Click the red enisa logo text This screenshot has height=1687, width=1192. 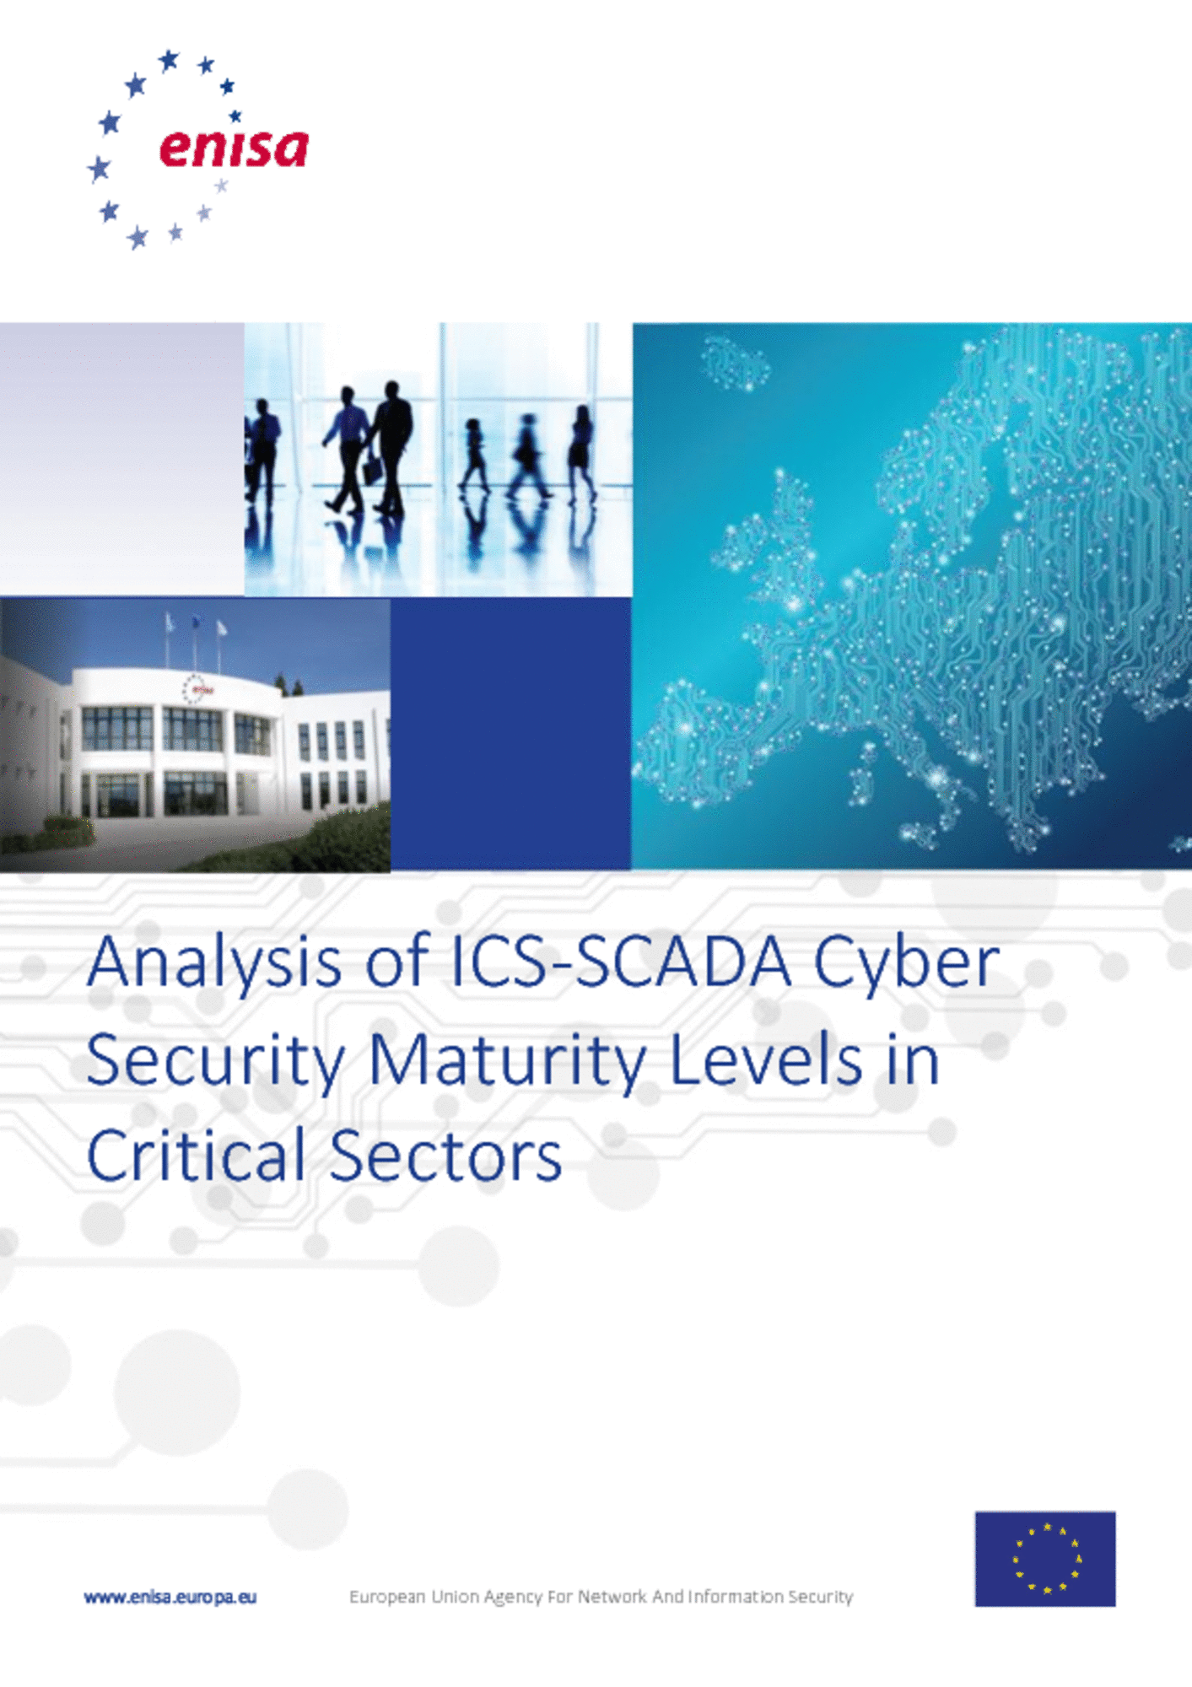pos(234,148)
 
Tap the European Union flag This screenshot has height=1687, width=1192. pos(1045,1558)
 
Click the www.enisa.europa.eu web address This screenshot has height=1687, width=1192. pos(170,1597)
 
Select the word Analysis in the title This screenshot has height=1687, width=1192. pos(214,964)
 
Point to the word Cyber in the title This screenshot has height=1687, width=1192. pos(907,962)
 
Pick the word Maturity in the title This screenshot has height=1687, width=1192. pos(508,1061)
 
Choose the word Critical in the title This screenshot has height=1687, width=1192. pos(196,1155)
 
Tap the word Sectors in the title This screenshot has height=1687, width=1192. pos(445,1156)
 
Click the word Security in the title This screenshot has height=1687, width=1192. pos(216,1061)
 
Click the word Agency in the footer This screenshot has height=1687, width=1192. pos(514,1598)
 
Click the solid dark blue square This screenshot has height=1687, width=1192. pos(510,733)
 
